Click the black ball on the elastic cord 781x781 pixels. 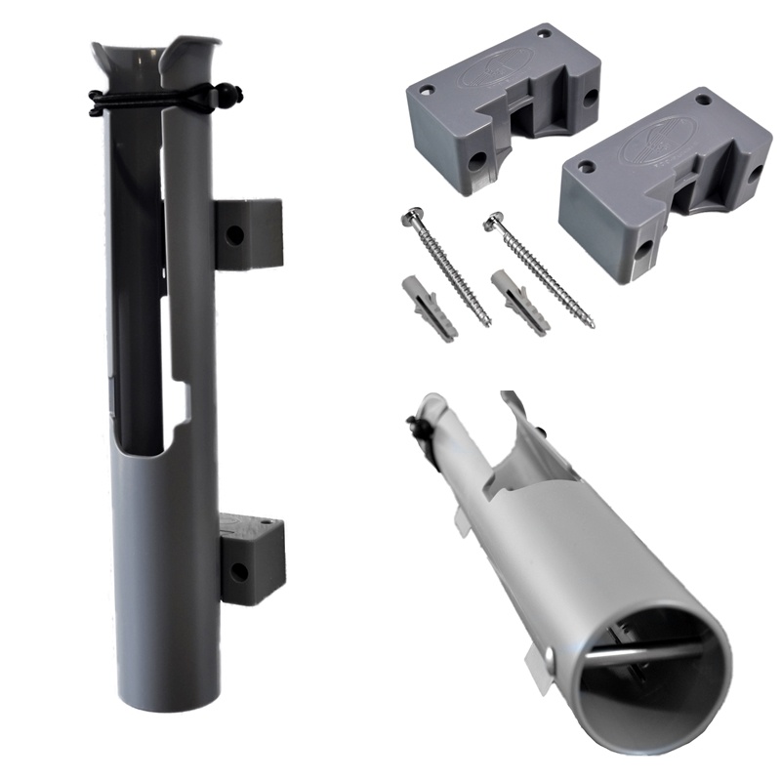[x=233, y=96]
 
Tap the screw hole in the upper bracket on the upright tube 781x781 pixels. [x=235, y=235]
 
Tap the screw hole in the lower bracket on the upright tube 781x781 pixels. [x=237, y=569]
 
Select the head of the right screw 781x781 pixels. [x=494, y=224]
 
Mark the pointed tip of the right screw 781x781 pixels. [x=591, y=323]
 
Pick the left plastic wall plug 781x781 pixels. [x=429, y=308]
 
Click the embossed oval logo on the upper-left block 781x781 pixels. [x=498, y=67]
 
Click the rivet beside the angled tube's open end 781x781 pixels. [x=552, y=655]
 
